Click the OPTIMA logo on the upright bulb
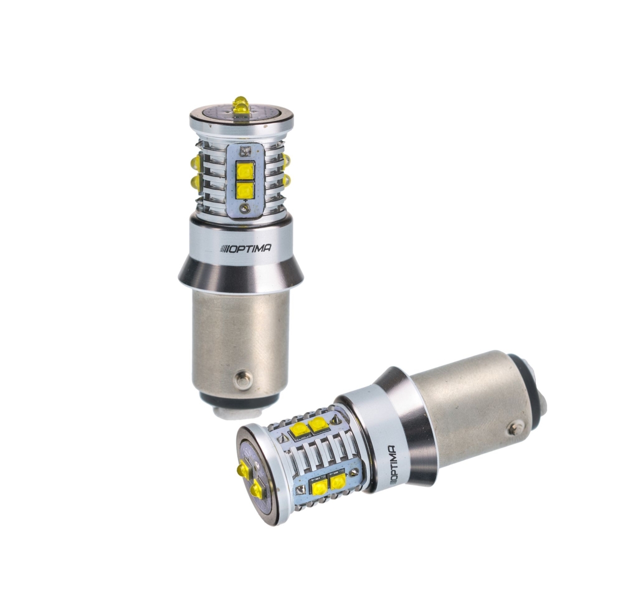click(246, 249)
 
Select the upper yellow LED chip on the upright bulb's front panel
click(245, 171)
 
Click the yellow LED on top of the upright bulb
click(240, 105)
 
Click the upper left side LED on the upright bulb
click(196, 162)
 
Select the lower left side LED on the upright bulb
click(196, 182)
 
